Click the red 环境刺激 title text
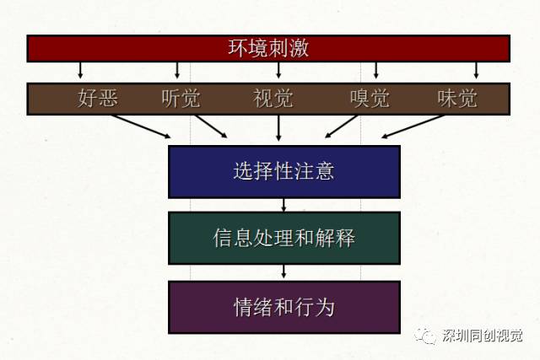[268, 48]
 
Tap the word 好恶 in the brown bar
[98, 98]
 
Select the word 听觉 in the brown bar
[181, 99]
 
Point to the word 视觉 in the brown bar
[273, 99]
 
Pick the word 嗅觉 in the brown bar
[370, 99]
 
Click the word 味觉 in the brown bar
[457, 99]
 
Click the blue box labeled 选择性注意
[284, 172]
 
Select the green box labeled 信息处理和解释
[284, 238]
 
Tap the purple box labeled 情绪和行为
[284, 308]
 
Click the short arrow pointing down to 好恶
[80, 70]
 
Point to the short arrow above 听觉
[177, 70]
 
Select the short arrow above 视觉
[278, 70]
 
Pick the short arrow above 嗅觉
[376, 70]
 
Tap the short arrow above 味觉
[476, 70]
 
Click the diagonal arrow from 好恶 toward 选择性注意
[141, 126]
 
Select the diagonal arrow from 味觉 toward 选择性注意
[413, 126]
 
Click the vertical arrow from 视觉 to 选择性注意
[278, 127]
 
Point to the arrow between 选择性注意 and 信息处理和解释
[283, 205]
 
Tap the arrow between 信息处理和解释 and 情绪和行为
[283, 271]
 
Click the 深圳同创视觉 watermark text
[482, 336]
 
